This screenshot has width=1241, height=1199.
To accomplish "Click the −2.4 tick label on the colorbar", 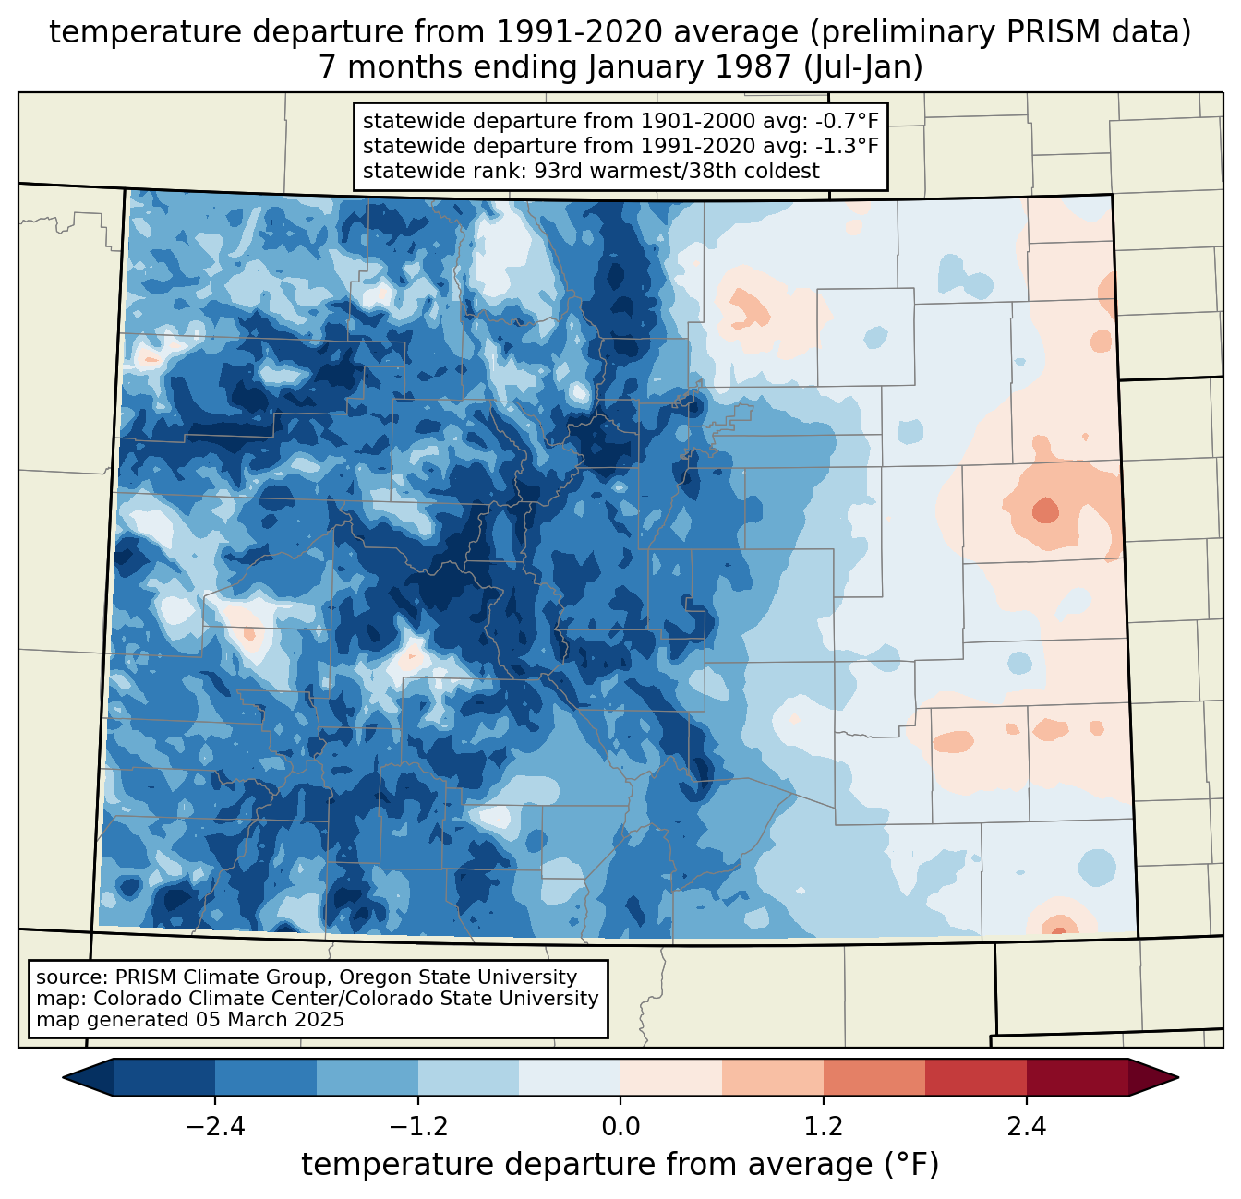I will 215,1126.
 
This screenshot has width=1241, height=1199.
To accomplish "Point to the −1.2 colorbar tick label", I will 417,1126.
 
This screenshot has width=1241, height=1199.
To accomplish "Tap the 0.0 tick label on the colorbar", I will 620,1126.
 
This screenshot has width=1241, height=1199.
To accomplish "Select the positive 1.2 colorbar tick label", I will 824,1126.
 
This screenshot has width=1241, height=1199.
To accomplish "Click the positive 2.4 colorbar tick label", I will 1026,1126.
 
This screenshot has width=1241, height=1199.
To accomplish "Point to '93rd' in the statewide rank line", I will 558,171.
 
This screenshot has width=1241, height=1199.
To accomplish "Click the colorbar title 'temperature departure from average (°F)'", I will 620,1165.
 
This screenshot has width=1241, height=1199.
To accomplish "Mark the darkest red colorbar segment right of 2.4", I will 1077,1077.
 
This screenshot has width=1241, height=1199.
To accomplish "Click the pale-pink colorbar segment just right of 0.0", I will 671,1077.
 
